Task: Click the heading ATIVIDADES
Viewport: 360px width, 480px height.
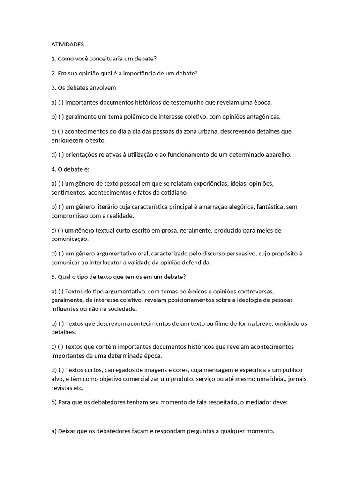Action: [67, 45]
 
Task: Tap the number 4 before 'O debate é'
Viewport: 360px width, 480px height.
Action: [53, 169]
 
